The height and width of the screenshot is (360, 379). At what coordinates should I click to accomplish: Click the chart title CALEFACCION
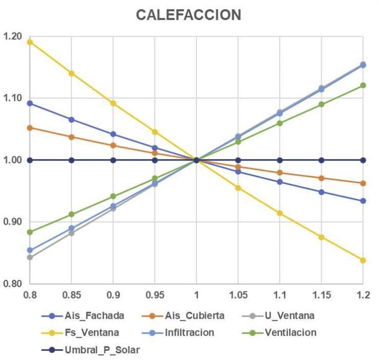point(188,15)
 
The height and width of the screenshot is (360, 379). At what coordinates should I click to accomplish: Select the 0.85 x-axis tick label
point(71,295)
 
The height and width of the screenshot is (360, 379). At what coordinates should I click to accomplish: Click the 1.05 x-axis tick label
point(238,295)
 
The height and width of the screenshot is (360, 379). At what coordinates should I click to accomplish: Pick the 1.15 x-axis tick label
point(321,295)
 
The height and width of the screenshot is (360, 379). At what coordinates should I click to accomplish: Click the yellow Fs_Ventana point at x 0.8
point(30,42)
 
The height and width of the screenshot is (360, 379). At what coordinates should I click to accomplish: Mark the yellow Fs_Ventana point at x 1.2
point(363,260)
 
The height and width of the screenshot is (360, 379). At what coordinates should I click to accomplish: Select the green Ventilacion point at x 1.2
point(363,85)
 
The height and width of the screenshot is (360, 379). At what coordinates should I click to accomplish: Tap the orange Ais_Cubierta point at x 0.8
point(30,128)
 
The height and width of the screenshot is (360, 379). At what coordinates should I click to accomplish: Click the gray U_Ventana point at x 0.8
point(30,257)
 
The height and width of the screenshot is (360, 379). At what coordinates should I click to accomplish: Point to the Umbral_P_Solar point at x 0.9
point(113,160)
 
